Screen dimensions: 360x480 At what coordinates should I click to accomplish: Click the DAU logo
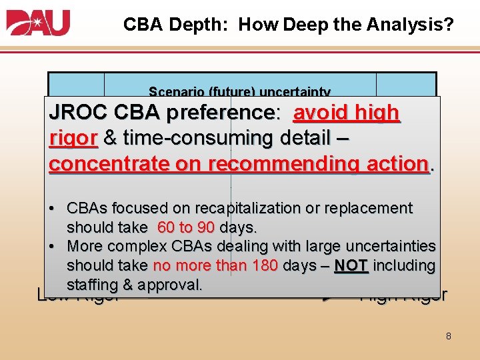38,23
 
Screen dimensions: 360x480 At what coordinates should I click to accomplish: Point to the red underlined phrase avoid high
346,113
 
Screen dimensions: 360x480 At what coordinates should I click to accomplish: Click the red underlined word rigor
73,138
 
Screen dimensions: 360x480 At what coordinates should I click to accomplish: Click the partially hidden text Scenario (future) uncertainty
239,92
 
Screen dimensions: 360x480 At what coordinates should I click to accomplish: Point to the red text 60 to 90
186,227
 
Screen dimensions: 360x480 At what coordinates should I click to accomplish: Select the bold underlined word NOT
351,265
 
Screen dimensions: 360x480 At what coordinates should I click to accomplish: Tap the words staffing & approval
134,285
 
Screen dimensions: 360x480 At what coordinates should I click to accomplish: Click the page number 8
448,336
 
